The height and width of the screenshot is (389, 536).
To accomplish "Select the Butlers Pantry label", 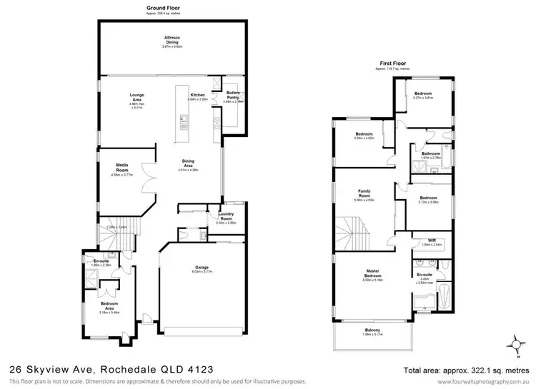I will tap(233, 97).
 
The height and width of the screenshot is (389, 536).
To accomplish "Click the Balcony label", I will tap(372, 330).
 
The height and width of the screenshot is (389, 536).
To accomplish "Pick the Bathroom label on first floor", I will tap(430, 153).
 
